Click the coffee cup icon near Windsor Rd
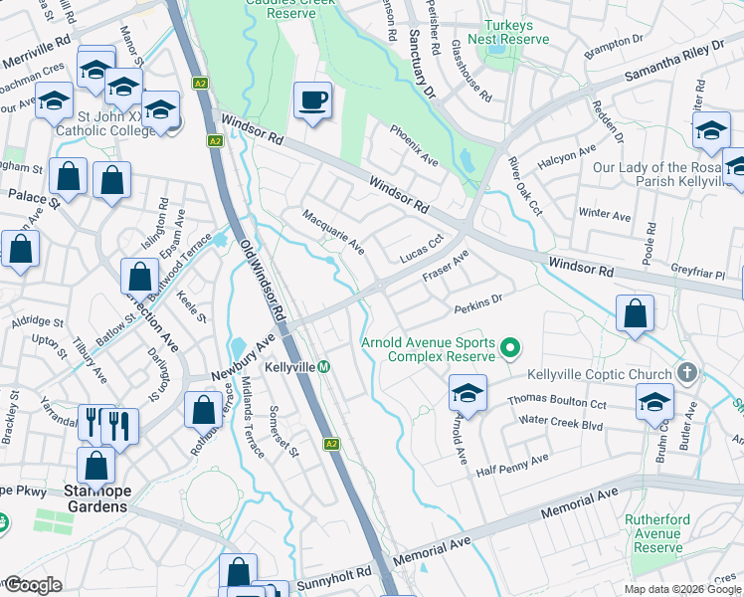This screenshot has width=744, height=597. coord(313,100)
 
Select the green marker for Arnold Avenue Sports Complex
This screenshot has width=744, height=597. coord(510,348)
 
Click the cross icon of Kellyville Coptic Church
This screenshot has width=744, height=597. coord(685,371)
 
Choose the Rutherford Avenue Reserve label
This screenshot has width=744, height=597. coord(654,533)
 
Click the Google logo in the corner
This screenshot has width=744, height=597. coord(32,585)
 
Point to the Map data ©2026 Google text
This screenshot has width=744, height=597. coord(681,588)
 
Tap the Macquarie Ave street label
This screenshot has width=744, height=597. coord(333,230)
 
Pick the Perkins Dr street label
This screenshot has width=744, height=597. coord(479,302)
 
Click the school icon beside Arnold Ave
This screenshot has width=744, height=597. coord(466,392)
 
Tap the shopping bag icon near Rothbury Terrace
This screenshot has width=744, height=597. coord(203,409)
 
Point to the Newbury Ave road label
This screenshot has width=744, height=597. coord(242,358)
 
